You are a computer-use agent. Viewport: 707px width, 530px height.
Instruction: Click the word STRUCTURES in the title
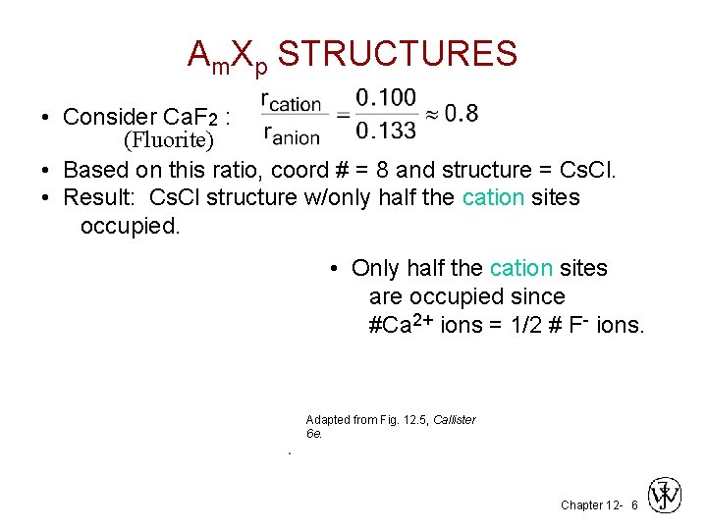(x=398, y=54)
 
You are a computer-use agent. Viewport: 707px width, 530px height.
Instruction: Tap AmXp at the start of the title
(x=228, y=56)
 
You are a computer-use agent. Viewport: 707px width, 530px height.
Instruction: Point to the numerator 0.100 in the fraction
(x=385, y=98)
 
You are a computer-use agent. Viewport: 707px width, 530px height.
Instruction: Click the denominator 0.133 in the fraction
(x=385, y=130)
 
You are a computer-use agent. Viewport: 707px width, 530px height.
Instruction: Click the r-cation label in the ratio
(x=292, y=101)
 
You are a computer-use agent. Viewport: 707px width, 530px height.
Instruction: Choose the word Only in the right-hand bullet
(x=375, y=268)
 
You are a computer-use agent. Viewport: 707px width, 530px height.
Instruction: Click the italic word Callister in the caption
(x=454, y=420)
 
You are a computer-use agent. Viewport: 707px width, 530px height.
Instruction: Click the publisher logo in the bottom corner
(x=666, y=496)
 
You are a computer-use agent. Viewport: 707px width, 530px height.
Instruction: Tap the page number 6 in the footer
(x=634, y=505)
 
